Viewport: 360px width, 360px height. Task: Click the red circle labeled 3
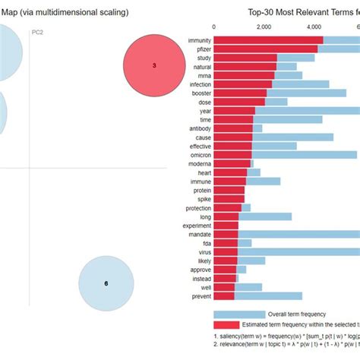coord(154,66)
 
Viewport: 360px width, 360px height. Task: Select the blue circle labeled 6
coord(106,283)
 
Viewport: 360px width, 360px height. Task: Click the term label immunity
coord(198,39)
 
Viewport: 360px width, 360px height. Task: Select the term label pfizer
coord(202,49)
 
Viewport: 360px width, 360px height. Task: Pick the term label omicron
coord(199,154)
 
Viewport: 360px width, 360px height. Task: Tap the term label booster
coord(200,93)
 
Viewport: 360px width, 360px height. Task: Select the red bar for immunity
coord(269,39)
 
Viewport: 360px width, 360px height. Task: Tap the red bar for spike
coord(229,199)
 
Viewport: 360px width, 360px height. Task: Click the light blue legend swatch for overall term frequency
coord(239,314)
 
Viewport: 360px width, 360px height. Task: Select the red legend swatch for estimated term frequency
coord(239,324)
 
